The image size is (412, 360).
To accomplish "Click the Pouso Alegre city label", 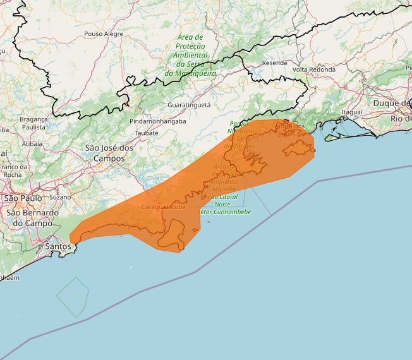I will click(104, 33).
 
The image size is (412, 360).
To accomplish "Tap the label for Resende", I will click(274, 63).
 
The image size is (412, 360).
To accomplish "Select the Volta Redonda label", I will click(313, 69).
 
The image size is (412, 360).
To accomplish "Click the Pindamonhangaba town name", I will click(157, 121).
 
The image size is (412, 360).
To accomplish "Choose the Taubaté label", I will click(146, 133).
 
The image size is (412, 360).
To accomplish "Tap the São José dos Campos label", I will click(109, 153).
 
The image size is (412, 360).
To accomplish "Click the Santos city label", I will click(58, 245).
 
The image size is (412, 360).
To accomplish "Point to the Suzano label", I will click(60, 196).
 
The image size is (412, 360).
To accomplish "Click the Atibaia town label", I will click(32, 143).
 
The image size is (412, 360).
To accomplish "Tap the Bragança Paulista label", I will click(33, 123).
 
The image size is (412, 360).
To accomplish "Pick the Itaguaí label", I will click(352, 112).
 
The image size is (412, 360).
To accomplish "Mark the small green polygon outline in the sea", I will click(72, 297).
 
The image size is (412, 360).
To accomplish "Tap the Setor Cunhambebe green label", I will click(226, 212).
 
